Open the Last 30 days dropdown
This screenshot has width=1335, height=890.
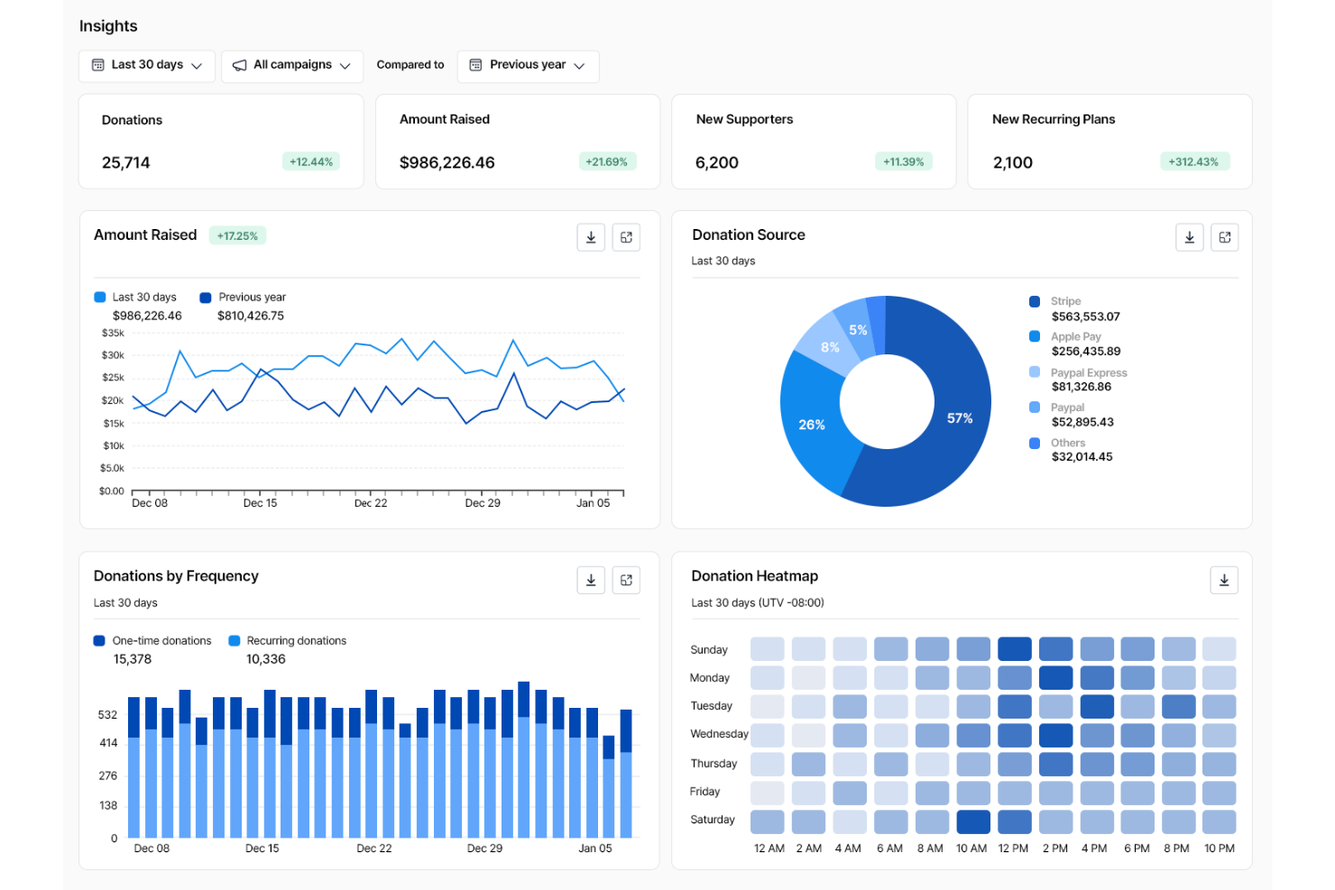(x=147, y=66)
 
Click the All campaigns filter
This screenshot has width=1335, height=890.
(x=291, y=66)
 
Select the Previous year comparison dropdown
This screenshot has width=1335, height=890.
(x=528, y=66)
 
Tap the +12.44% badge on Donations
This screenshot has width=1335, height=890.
(x=311, y=162)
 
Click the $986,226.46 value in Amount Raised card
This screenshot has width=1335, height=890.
(x=447, y=163)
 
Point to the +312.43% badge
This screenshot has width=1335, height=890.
(x=1193, y=162)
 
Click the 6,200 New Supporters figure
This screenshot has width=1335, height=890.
(x=717, y=163)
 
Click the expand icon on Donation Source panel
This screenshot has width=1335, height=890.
(x=1224, y=237)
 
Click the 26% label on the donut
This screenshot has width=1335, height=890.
(x=812, y=425)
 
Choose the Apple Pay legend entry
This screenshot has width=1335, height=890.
(x=1075, y=336)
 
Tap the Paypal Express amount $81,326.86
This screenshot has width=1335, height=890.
(x=1082, y=387)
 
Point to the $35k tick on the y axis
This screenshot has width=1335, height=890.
(x=113, y=333)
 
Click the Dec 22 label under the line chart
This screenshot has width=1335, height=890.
(x=371, y=503)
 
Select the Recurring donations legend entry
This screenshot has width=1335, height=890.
(x=296, y=641)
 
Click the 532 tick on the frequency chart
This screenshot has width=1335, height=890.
(x=107, y=715)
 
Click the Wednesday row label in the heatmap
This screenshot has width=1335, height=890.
(x=719, y=734)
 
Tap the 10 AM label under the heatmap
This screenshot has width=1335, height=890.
(x=971, y=849)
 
